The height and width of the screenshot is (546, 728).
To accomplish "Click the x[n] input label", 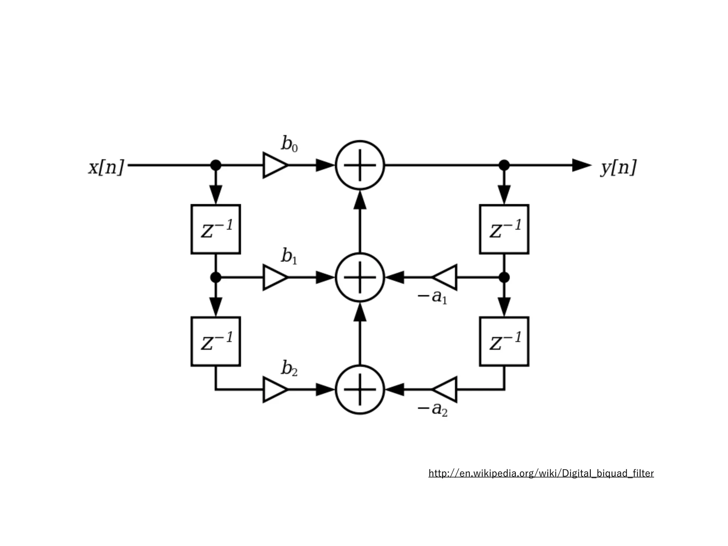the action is click(106, 167).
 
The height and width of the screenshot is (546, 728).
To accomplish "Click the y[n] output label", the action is click(619, 167).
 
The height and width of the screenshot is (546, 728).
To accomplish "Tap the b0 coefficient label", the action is click(289, 144).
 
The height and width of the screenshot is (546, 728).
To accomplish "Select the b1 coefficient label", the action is click(289, 256).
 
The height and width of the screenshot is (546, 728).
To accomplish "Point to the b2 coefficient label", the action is click(289, 368).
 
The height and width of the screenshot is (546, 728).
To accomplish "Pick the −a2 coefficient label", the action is click(432, 409).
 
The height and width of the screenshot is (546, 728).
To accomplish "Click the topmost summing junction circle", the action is click(360, 165).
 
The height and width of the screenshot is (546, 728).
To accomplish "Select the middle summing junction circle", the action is click(360, 277).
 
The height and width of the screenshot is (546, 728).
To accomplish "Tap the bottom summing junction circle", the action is click(360, 390).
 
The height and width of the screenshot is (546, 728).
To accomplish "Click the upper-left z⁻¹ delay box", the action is click(216, 229).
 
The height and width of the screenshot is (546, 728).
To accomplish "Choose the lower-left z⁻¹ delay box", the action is click(216, 341).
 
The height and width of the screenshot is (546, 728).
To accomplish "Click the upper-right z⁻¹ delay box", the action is click(504, 229).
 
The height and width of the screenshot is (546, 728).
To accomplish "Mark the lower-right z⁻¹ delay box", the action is click(504, 341).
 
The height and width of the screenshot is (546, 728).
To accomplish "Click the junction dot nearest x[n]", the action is click(216, 165).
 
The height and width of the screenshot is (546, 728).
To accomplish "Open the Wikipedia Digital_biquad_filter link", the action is click(541, 473).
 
